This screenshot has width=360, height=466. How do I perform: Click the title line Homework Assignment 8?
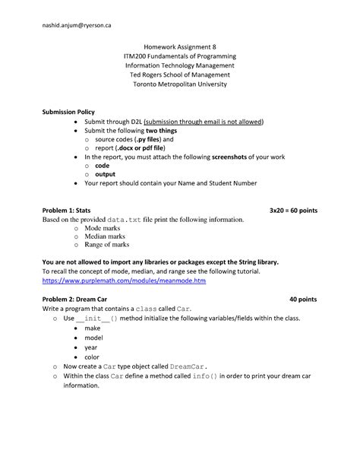coord(180,47)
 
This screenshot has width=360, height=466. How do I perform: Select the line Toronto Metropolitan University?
coord(180,84)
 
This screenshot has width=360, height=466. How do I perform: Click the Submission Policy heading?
coord(68,112)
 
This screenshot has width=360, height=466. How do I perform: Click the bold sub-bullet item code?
coord(103,165)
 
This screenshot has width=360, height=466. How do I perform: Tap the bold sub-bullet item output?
coord(106,174)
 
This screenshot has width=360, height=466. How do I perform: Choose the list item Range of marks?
coord(107,245)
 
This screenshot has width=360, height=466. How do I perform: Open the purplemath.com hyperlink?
coord(124,281)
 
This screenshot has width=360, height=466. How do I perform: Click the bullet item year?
coord(91,347)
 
